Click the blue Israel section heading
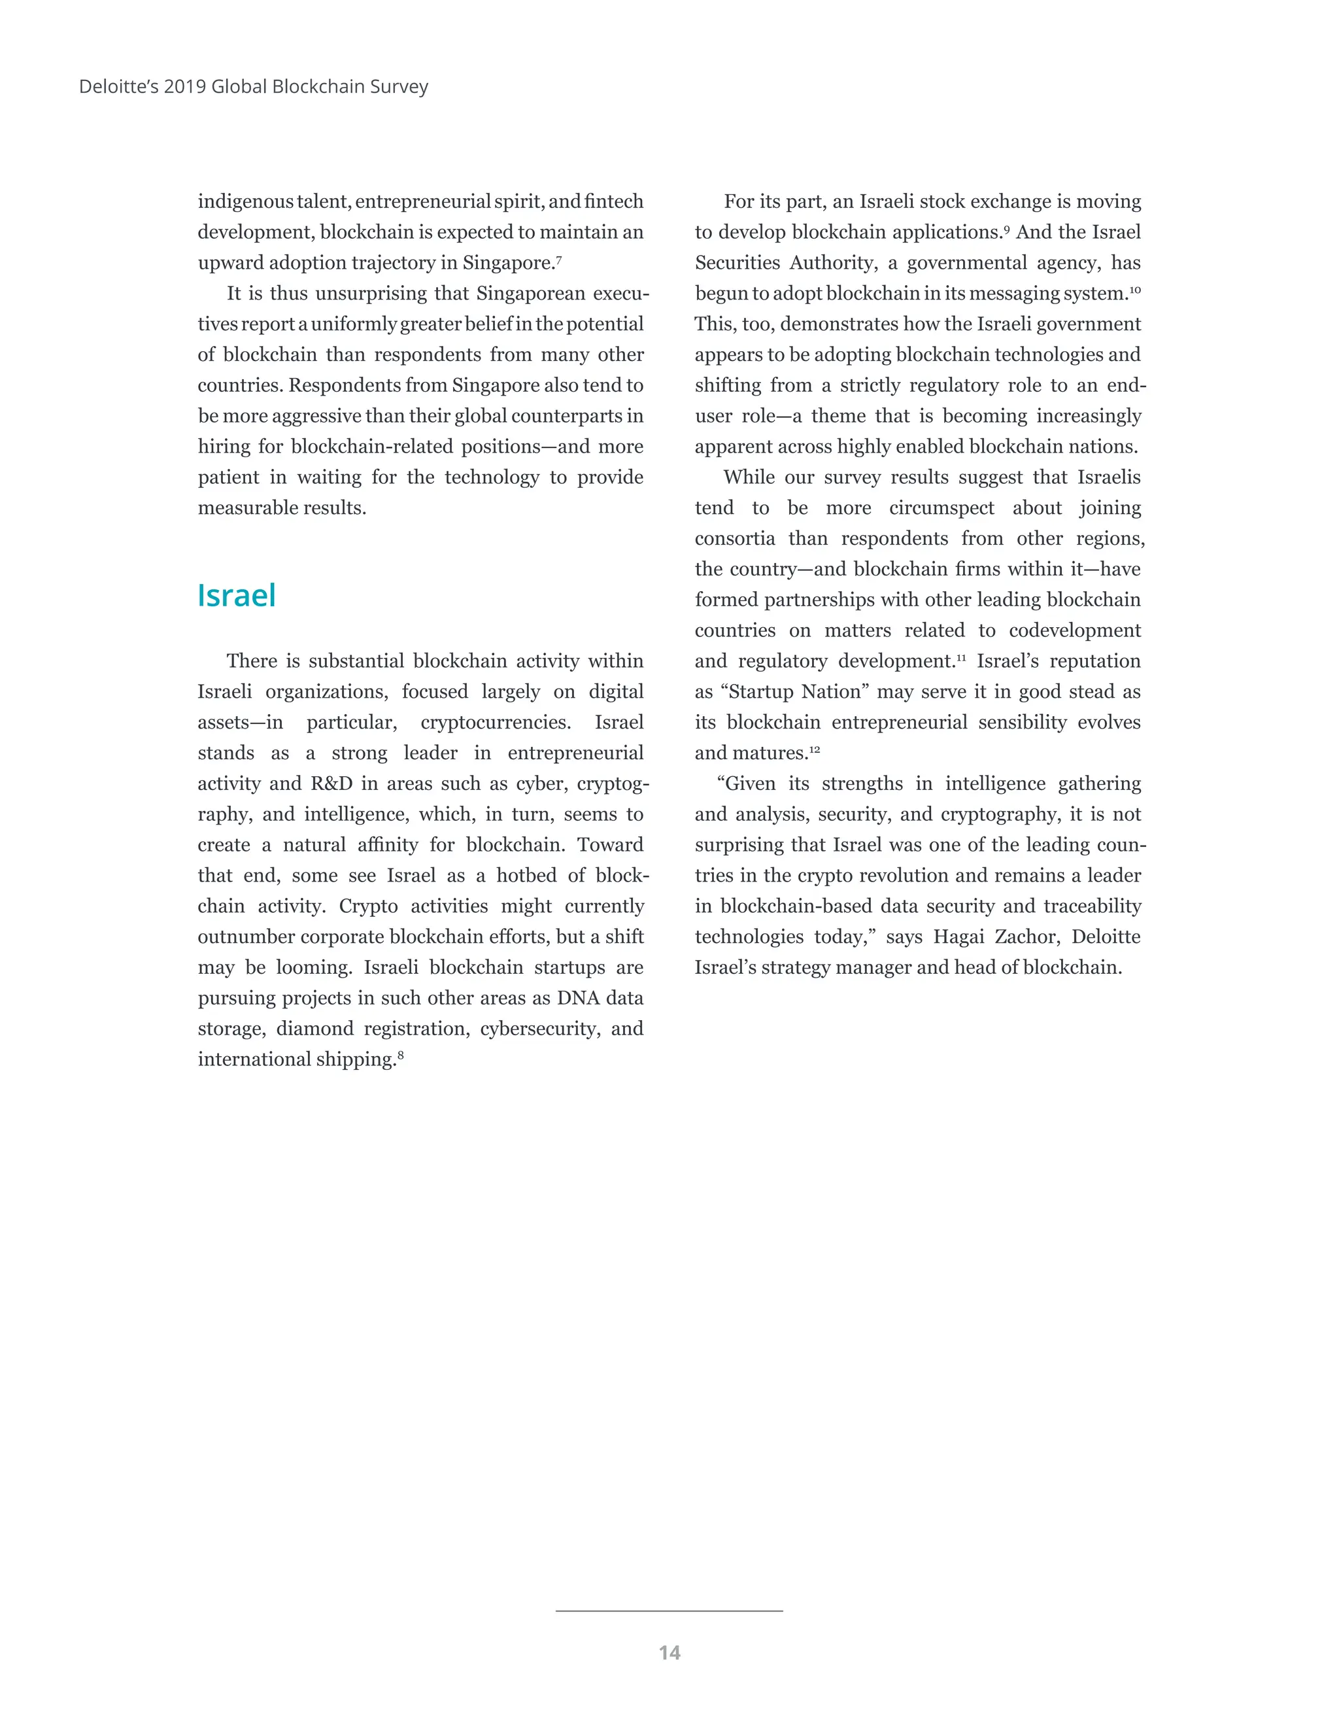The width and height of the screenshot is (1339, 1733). [x=237, y=596]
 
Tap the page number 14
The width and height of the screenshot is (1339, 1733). [x=669, y=1653]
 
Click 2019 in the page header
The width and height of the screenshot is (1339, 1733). [x=185, y=86]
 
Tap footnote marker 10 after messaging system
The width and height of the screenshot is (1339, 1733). [x=1134, y=290]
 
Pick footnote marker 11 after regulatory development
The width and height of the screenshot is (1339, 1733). [x=960, y=657]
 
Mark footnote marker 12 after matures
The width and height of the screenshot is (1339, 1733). [x=814, y=749]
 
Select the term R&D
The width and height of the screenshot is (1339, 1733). [x=331, y=784]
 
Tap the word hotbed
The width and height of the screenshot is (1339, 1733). [x=528, y=876]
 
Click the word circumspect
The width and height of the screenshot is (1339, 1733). [x=941, y=508]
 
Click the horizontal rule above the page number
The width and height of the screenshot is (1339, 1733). [x=669, y=1611]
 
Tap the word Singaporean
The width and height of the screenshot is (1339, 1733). [x=530, y=294]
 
